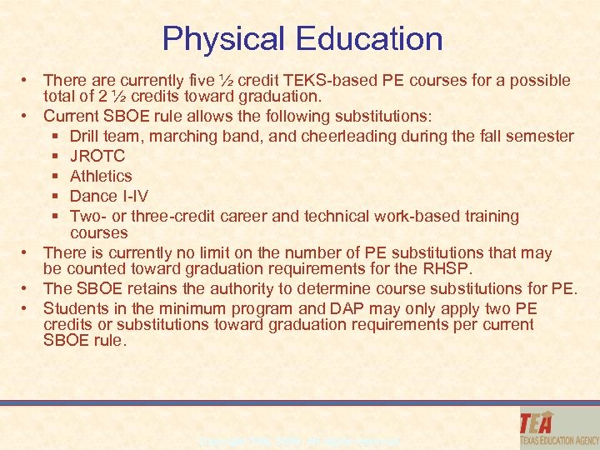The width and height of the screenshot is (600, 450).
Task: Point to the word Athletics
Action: (x=101, y=176)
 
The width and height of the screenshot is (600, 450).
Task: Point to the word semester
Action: (x=541, y=136)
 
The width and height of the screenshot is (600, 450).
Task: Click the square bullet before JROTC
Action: (x=54, y=156)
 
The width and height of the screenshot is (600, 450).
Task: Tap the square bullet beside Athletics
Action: (x=54, y=176)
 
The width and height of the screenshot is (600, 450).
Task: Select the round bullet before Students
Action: (x=27, y=308)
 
